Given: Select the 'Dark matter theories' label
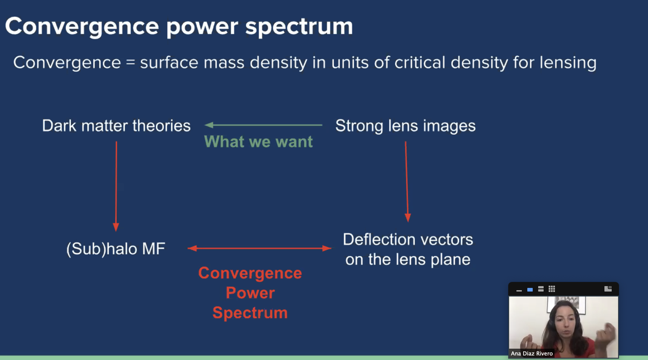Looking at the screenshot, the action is click(x=116, y=126).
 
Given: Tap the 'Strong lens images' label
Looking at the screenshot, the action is click(x=406, y=126).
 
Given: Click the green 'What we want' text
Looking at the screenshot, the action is click(x=259, y=142).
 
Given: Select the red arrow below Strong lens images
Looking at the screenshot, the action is click(x=407, y=181).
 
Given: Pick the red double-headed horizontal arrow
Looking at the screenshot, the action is click(x=259, y=248).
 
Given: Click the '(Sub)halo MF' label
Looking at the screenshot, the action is click(x=115, y=250).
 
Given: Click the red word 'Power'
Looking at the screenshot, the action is click(x=250, y=293).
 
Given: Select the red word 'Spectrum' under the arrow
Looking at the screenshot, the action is click(x=250, y=313).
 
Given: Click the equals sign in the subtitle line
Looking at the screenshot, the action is click(x=130, y=63).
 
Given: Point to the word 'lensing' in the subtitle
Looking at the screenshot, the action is click(x=567, y=63).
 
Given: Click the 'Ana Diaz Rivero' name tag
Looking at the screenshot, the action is click(x=532, y=354).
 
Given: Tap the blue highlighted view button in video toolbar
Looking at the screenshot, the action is click(x=530, y=289).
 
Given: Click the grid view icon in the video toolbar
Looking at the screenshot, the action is click(x=551, y=289).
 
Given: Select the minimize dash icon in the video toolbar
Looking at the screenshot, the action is click(x=519, y=290).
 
